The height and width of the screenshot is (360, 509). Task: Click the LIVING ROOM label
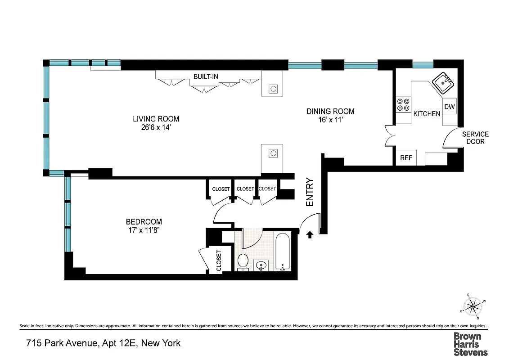pyautogui.click(x=156, y=119)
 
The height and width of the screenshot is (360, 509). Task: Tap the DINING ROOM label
pyautogui.click(x=330, y=111)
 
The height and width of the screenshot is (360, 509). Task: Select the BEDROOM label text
pyautogui.click(x=144, y=221)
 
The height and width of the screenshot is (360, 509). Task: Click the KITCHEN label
pyautogui.click(x=427, y=114)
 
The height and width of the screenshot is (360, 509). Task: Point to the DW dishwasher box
pyautogui.click(x=449, y=107)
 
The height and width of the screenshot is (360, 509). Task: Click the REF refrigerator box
pyautogui.click(x=406, y=158)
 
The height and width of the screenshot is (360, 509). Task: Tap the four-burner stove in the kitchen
pyautogui.click(x=403, y=105)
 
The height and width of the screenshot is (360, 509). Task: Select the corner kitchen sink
pyautogui.click(x=443, y=83)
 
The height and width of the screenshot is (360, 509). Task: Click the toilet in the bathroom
pyautogui.click(x=243, y=262)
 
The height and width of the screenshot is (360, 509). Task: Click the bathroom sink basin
pyautogui.click(x=261, y=266)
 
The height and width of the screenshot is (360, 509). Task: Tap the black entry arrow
pyautogui.click(x=310, y=234)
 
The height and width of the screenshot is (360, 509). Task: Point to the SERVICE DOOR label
pyautogui.click(x=475, y=138)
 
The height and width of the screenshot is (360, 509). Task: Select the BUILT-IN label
pyautogui.click(x=206, y=76)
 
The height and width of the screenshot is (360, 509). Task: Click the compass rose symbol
pyautogui.click(x=473, y=307)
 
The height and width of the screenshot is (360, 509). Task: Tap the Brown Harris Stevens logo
pyautogui.click(x=470, y=344)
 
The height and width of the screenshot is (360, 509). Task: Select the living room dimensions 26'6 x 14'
pyautogui.click(x=156, y=127)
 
